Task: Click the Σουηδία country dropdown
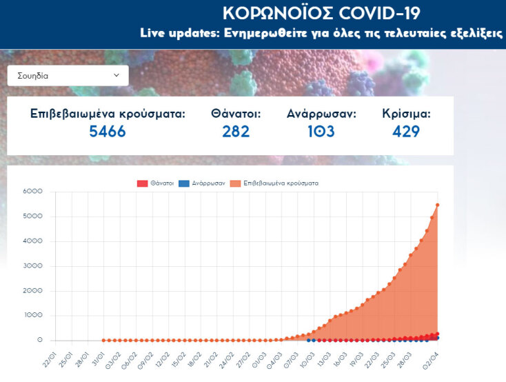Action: [x=68, y=76]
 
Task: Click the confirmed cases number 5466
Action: [x=108, y=131]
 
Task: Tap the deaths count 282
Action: [x=236, y=131]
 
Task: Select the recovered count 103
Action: [x=321, y=131]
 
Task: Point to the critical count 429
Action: [x=406, y=131]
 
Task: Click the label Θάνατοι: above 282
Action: [x=236, y=114]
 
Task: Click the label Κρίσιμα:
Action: [x=406, y=114]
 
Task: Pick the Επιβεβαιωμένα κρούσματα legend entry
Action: [x=275, y=183]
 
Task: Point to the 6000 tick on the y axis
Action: [x=32, y=191]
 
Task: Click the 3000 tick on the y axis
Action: [x=32, y=265]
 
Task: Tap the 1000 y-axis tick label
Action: [x=32, y=316]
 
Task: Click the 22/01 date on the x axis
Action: [x=47, y=361]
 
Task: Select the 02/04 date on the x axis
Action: [x=431, y=361]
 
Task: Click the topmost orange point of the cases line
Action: [x=438, y=205]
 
